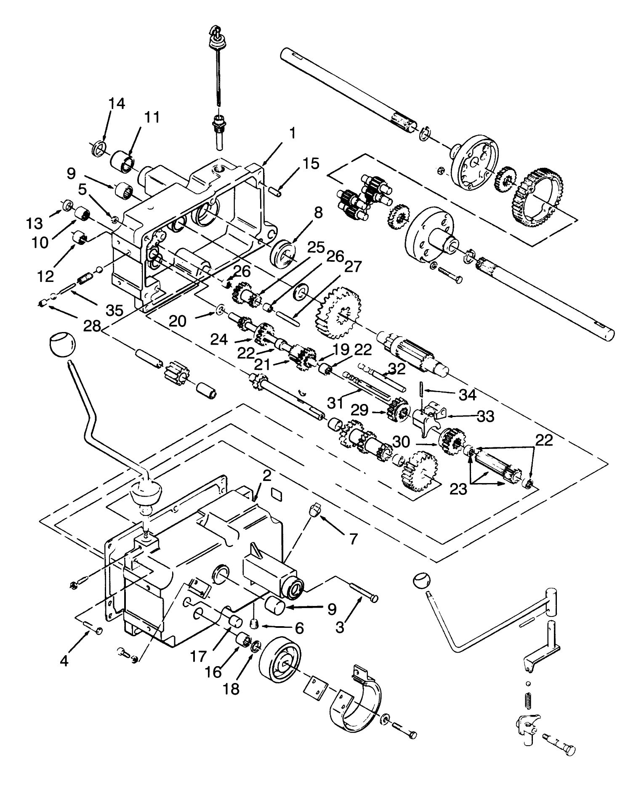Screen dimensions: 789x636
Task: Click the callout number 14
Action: click(117, 103)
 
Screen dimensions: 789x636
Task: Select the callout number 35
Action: click(114, 311)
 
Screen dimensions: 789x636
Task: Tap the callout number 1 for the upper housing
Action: click(292, 134)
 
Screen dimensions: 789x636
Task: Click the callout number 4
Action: click(64, 661)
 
